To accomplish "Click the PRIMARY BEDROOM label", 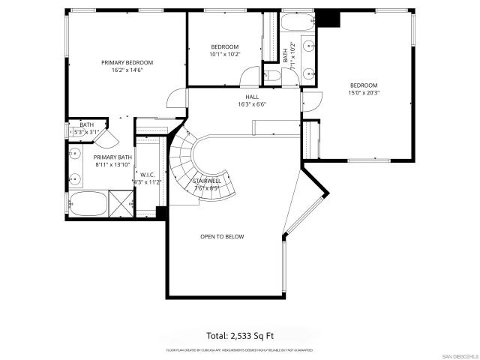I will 127,62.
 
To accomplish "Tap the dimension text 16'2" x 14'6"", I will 127,70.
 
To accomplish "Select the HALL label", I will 252,97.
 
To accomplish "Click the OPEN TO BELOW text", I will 221,236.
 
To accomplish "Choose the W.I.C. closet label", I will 147,174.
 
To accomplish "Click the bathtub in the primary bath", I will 86,203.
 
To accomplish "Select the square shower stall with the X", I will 120,202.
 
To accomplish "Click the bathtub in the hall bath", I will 297,23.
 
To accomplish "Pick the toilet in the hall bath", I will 274,76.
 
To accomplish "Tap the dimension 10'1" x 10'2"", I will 224,54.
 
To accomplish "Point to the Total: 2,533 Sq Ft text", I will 240,334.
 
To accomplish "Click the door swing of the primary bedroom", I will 176,98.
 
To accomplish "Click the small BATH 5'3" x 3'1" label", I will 87,128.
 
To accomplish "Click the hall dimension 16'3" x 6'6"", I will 252,104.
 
